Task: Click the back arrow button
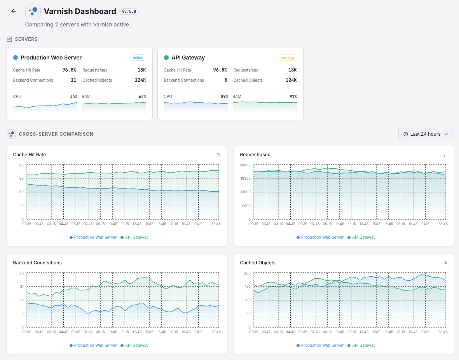(x=14, y=11)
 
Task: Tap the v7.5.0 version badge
(x=129, y=12)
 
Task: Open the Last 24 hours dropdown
(x=426, y=134)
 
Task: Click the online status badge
(x=138, y=58)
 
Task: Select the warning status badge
(x=287, y=58)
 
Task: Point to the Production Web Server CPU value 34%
(x=73, y=96)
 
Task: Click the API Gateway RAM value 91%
(x=293, y=96)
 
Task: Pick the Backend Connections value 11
(x=73, y=80)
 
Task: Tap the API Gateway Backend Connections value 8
(x=225, y=80)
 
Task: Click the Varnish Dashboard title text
(x=80, y=11)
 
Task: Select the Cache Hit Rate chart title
(x=30, y=155)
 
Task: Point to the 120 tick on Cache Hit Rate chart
(x=21, y=165)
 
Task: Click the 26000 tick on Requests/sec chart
(x=245, y=165)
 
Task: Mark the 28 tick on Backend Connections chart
(x=22, y=273)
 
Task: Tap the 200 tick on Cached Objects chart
(x=247, y=273)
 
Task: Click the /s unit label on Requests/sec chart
(x=445, y=155)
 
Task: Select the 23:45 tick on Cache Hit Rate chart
(x=216, y=224)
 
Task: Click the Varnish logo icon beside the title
(x=33, y=11)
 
